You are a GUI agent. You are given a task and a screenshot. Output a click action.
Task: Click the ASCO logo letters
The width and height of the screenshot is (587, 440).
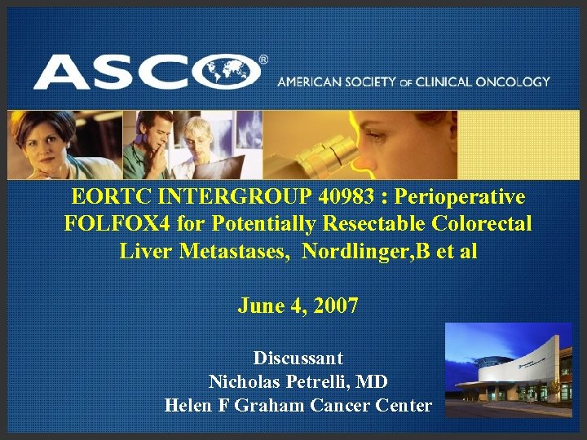click(147, 72)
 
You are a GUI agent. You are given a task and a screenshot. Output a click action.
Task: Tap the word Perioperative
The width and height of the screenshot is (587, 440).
click(460, 197)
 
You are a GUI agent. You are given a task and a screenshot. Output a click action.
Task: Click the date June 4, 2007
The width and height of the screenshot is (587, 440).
click(298, 306)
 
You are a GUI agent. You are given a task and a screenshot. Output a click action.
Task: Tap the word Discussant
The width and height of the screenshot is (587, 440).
click(298, 358)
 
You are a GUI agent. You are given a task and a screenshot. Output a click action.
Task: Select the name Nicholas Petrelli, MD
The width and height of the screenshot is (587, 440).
click(298, 381)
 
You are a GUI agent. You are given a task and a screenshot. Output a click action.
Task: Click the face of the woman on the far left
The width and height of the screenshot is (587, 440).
click(36, 139)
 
